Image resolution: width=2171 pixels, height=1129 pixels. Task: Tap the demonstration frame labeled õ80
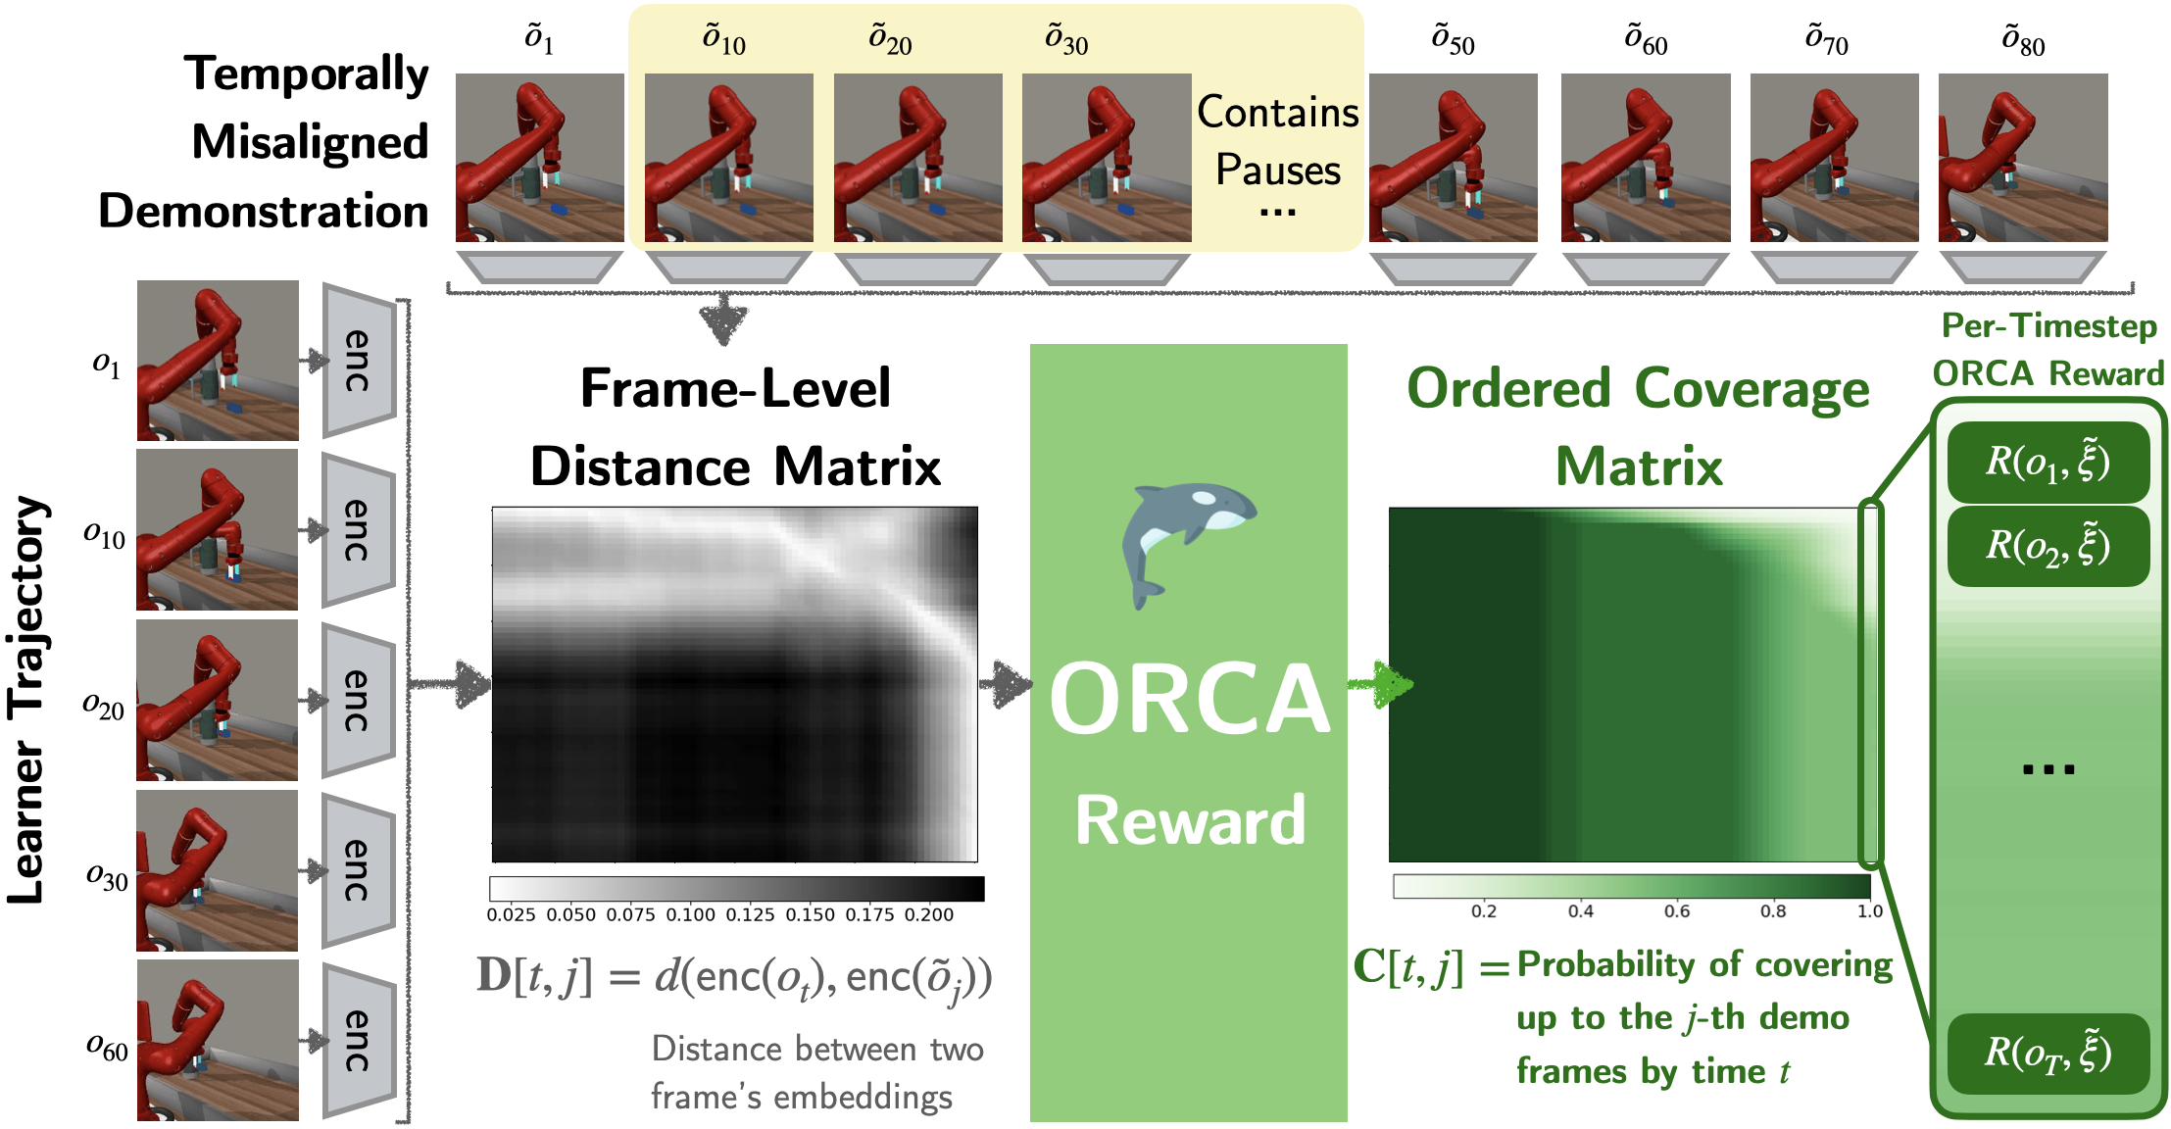[x=2023, y=158]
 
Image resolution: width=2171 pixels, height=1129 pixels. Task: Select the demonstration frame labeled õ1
[x=540, y=158]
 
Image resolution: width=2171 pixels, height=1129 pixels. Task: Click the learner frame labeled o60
[x=218, y=1040]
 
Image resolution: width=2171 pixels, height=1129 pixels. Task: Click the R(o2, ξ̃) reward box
[x=2048, y=546]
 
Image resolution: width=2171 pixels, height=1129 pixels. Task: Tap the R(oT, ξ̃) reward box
[x=2048, y=1054]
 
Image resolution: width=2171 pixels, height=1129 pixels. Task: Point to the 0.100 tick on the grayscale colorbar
[x=691, y=914]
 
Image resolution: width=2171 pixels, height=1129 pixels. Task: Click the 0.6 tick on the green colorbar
[x=1677, y=911]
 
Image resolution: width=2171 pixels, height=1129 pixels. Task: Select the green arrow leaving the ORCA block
[x=1380, y=684]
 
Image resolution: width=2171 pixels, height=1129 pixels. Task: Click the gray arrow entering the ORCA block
[x=1006, y=684]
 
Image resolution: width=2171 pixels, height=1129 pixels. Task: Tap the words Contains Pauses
[x=1278, y=141]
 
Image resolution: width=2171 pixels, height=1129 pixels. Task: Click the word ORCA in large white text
[x=1190, y=698]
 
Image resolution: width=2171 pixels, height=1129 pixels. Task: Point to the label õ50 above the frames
[x=1453, y=40]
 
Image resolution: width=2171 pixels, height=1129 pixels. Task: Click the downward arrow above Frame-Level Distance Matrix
[x=723, y=319]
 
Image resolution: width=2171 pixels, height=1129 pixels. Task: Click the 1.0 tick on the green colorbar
[x=1870, y=911]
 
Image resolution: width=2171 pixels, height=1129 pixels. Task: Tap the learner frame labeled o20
[x=218, y=701]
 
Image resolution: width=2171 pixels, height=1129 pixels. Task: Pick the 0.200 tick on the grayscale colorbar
[x=929, y=914]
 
